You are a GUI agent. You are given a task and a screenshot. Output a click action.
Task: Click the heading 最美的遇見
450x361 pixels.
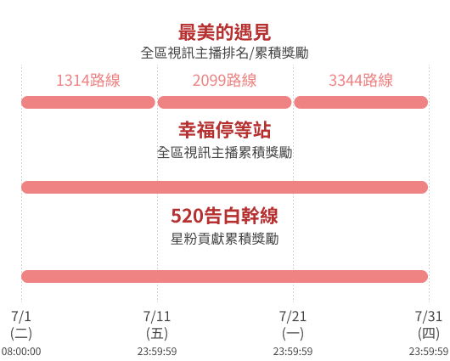click(224, 32)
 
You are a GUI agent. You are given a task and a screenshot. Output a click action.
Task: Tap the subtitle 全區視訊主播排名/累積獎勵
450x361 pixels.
click(224, 54)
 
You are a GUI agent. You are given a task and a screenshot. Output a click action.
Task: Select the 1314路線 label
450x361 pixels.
click(88, 80)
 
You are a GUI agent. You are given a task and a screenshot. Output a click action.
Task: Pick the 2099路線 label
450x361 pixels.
click(224, 80)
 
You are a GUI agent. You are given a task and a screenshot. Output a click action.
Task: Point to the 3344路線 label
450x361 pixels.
click(361, 80)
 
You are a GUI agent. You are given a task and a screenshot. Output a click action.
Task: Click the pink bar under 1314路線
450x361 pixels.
click(88, 102)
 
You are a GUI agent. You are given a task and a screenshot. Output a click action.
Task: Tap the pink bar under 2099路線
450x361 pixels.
click(224, 102)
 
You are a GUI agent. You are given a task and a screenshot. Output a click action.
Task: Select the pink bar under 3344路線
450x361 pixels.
click(361, 102)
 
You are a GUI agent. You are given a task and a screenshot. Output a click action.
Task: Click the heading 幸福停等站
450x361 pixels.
click(224, 130)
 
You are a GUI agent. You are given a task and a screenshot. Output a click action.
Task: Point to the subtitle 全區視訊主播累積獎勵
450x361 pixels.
click(224, 152)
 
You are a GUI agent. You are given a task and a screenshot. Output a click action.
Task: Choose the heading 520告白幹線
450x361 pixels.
click(224, 216)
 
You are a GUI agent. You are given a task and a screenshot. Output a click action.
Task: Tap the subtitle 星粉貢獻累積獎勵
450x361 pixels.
click(224, 239)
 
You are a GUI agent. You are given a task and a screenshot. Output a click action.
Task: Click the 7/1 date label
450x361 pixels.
click(21, 316)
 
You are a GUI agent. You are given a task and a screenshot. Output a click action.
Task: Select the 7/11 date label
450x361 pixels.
click(157, 316)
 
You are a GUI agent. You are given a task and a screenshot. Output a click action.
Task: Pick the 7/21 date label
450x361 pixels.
click(293, 316)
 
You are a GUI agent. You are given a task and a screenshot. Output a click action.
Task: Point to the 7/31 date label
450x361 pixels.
click(429, 316)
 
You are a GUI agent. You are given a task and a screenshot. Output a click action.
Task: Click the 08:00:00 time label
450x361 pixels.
click(21, 352)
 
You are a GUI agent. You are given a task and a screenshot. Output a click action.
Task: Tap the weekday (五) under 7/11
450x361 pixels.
click(157, 334)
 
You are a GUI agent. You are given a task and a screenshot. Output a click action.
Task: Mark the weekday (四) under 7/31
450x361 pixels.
click(429, 334)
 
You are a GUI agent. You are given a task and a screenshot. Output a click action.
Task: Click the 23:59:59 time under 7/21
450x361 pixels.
click(293, 352)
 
